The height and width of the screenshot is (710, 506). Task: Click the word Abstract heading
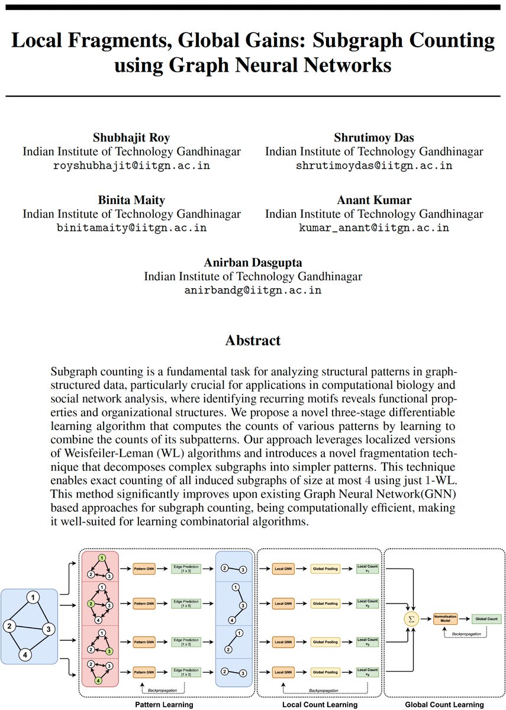point(253,340)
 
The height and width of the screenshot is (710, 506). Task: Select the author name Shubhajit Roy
point(131,138)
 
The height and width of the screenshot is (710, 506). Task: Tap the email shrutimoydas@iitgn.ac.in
point(374,166)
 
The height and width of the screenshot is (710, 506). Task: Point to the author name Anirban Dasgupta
point(253,262)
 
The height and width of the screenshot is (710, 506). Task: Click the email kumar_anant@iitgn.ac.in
point(374,228)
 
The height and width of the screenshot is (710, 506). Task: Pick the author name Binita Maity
point(131,200)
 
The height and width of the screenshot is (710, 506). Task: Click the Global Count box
point(486,619)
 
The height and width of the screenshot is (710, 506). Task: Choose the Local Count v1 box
point(368,569)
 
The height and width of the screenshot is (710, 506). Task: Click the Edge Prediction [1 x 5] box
point(186,603)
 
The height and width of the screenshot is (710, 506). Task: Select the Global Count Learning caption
point(444,705)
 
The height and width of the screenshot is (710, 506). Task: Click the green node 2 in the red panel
point(91,603)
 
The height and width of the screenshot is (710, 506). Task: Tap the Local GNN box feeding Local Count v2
point(283,603)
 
